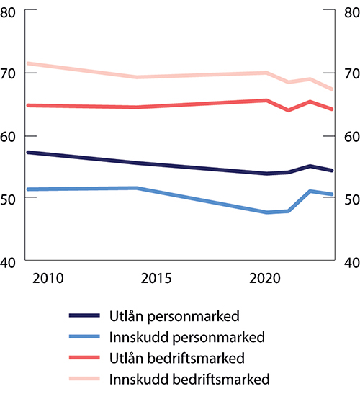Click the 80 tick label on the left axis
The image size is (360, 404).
click(11, 12)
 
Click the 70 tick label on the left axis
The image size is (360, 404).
click(11, 73)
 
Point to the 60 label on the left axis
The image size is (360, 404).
click(11, 136)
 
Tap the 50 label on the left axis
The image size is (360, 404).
click(11, 199)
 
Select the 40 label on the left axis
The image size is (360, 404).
click(11, 261)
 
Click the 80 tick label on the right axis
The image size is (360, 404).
click(349, 12)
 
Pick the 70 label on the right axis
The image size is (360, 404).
click(349, 73)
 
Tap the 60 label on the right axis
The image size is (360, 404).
click(349, 136)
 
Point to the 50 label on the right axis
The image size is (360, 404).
click(349, 199)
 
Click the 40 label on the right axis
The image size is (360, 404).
click(349, 261)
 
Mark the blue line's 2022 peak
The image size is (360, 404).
click(310, 191)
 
